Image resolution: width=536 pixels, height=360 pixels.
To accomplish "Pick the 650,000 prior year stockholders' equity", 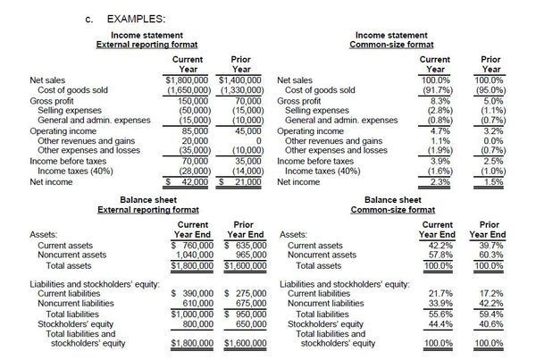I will click(247, 323).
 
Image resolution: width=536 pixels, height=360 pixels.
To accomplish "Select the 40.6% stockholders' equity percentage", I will click(490, 323).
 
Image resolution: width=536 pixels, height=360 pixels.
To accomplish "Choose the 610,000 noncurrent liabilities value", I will click(196, 304).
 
